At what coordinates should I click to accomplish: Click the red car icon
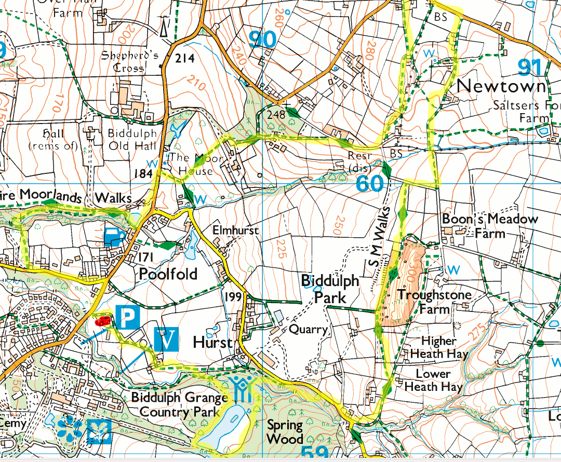coord(102,321)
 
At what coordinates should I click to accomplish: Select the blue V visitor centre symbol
coord(166,340)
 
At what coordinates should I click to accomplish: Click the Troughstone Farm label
coord(434,302)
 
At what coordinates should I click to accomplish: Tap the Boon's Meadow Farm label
coord(489,226)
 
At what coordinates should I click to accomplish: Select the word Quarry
coord(308,329)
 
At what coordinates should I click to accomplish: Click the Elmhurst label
coord(235,230)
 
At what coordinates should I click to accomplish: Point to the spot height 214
coord(184,58)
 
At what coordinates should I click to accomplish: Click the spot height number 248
coord(275,114)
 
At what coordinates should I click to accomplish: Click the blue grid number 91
coord(530,68)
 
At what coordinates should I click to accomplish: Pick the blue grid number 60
coord(370,183)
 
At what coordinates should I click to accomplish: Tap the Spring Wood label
coord(285,432)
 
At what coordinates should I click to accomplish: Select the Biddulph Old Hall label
coord(131,139)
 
